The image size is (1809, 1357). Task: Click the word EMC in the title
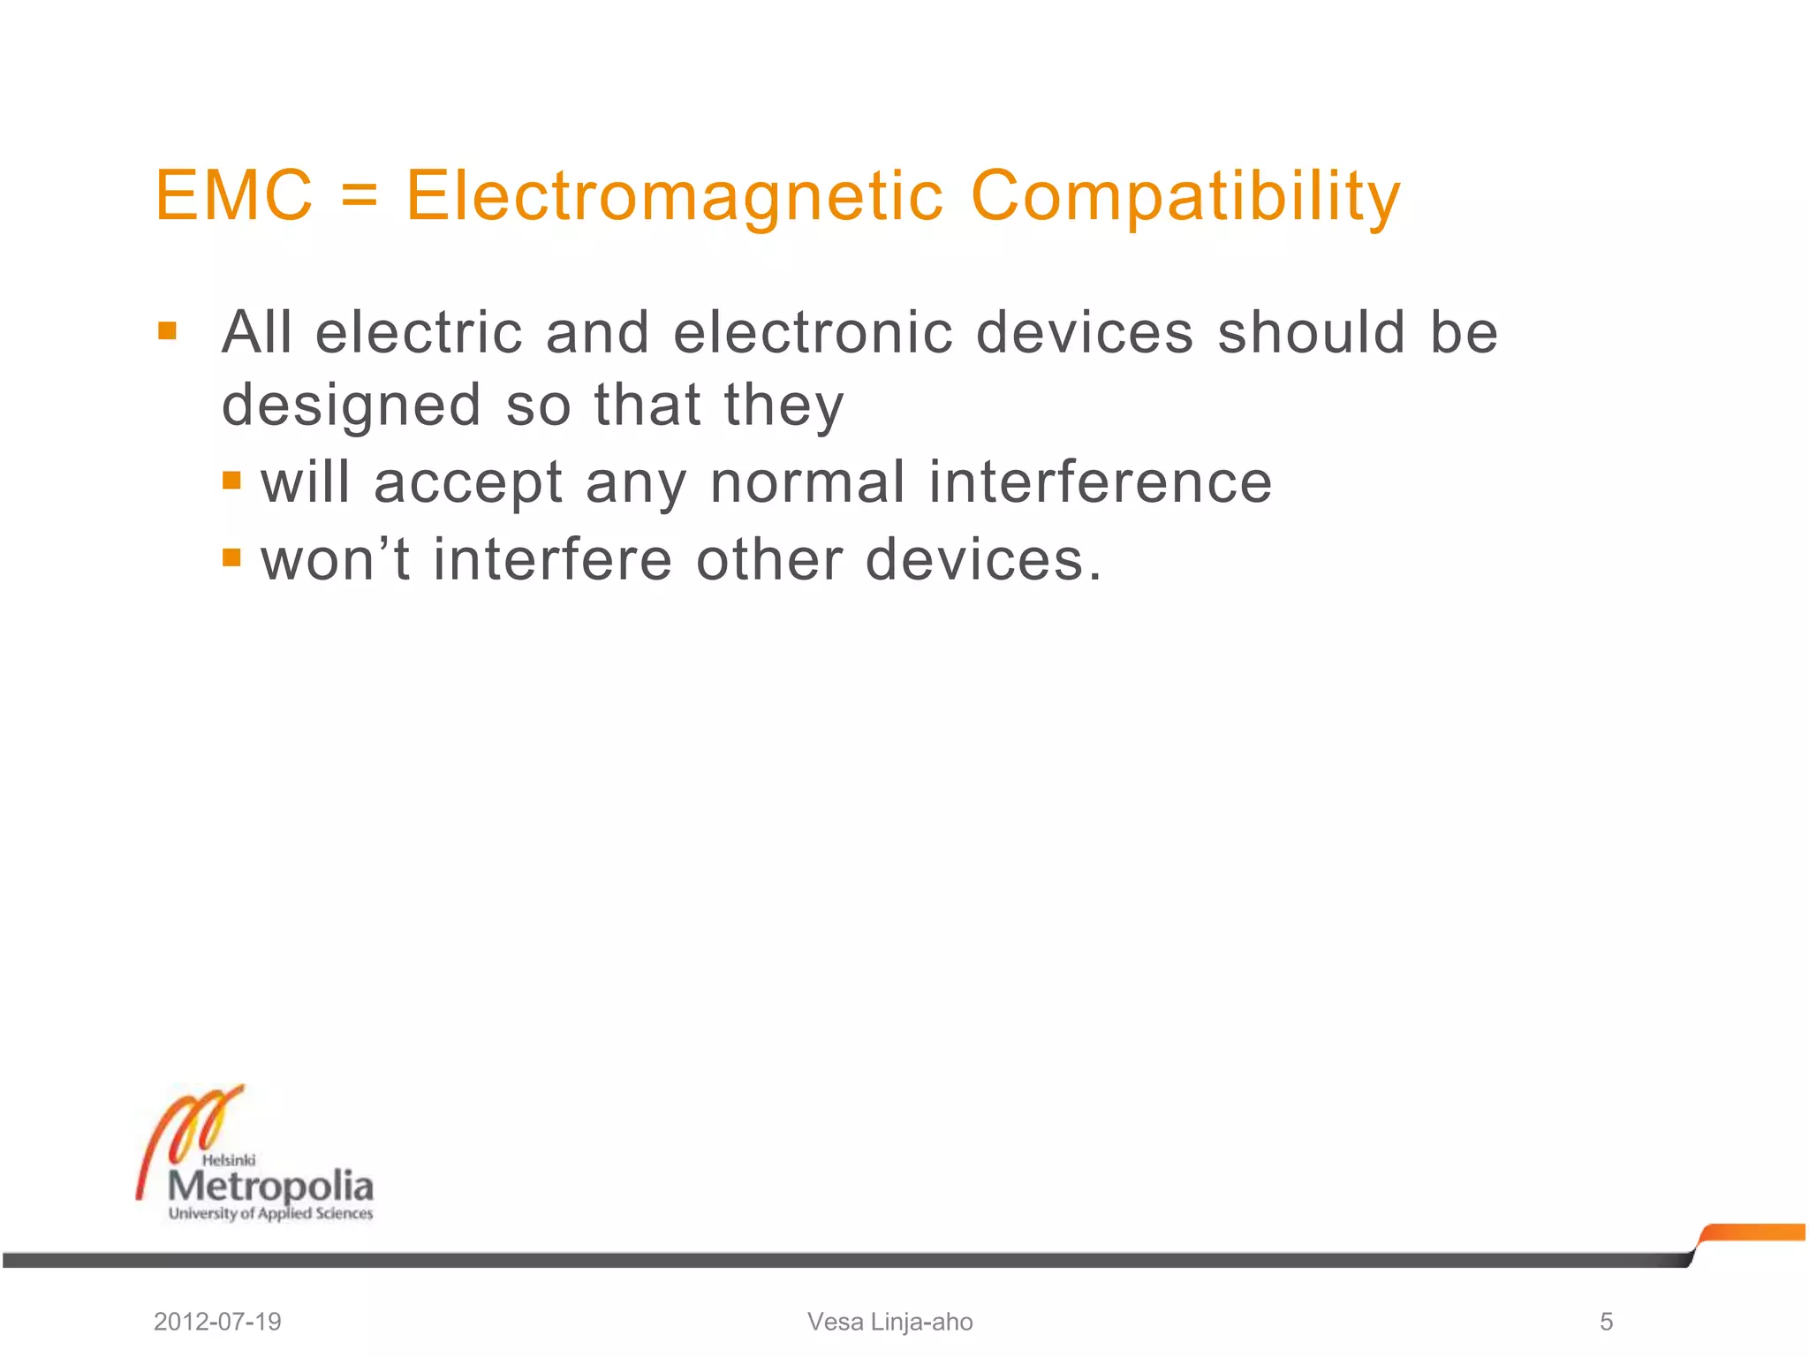pyautogui.click(x=233, y=195)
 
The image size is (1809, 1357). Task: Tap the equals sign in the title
pyautogui.click(x=360, y=197)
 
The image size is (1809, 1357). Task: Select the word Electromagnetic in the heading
pyautogui.click(x=675, y=197)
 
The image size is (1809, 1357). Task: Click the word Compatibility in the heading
pyautogui.click(x=1185, y=197)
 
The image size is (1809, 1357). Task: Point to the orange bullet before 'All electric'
pyautogui.click(x=167, y=331)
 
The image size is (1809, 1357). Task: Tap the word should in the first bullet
pyautogui.click(x=1312, y=333)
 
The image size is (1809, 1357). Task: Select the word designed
pyautogui.click(x=352, y=406)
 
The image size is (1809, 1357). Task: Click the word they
pyautogui.click(x=783, y=406)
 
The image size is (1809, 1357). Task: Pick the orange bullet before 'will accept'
pyautogui.click(x=232, y=481)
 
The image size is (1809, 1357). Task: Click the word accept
pyautogui.click(x=468, y=483)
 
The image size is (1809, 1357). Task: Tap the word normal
pyautogui.click(x=807, y=483)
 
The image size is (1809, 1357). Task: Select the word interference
pyautogui.click(x=1101, y=483)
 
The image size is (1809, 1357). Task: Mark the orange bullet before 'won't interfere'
pyautogui.click(x=232, y=557)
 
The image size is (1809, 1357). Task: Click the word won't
pyautogui.click(x=336, y=559)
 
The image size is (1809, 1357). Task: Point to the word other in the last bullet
pyautogui.click(x=769, y=559)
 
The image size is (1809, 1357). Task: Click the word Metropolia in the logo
pyautogui.click(x=270, y=1186)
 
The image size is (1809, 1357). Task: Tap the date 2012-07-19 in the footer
pyautogui.click(x=217, y=1322)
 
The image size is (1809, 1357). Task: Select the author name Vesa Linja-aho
pyautogui.click(x=889, y=1322)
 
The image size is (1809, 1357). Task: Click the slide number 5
pyautogui.click(x=1606, y=1322)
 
